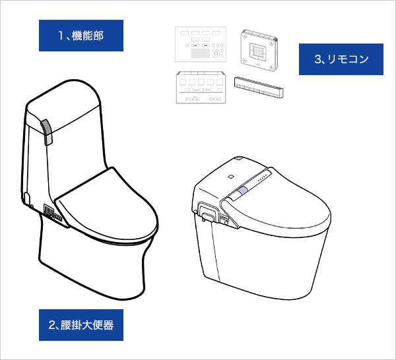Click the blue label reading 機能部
point(81,36)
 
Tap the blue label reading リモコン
point(341,59)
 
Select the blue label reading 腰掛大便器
point(81,325)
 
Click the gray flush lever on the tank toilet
point(48,132)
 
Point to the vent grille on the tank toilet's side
point(49,210)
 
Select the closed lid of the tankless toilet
point(278,204)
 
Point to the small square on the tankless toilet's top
point(230,177)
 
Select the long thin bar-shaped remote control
point(259,87)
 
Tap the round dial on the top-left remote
point(216,53)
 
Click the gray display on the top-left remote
point(200,53)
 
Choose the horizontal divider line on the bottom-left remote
point(201,93)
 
